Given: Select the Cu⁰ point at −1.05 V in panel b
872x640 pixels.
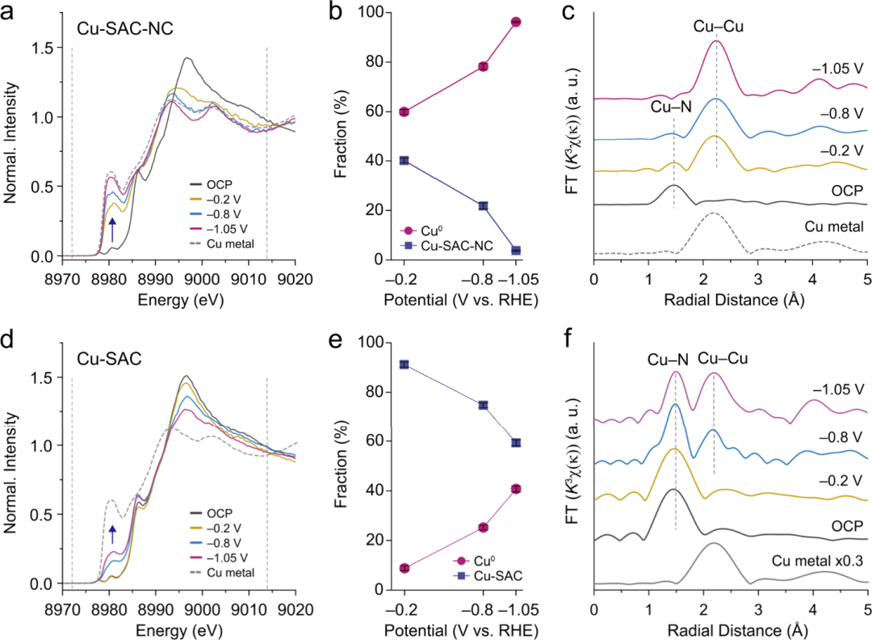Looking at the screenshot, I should (x=516, y=22).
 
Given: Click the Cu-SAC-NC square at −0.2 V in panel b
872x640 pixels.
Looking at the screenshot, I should (x=404, y=161).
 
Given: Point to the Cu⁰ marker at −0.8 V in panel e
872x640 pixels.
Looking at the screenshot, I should (x=483, y=528).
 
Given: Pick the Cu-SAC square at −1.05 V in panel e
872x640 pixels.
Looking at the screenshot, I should (x=516, y=443).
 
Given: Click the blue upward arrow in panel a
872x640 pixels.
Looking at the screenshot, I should (x=113, y=229).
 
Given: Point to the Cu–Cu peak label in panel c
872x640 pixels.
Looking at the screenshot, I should (x=718, y=27).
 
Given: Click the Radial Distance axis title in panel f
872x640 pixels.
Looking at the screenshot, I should (x=729, y=630).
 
